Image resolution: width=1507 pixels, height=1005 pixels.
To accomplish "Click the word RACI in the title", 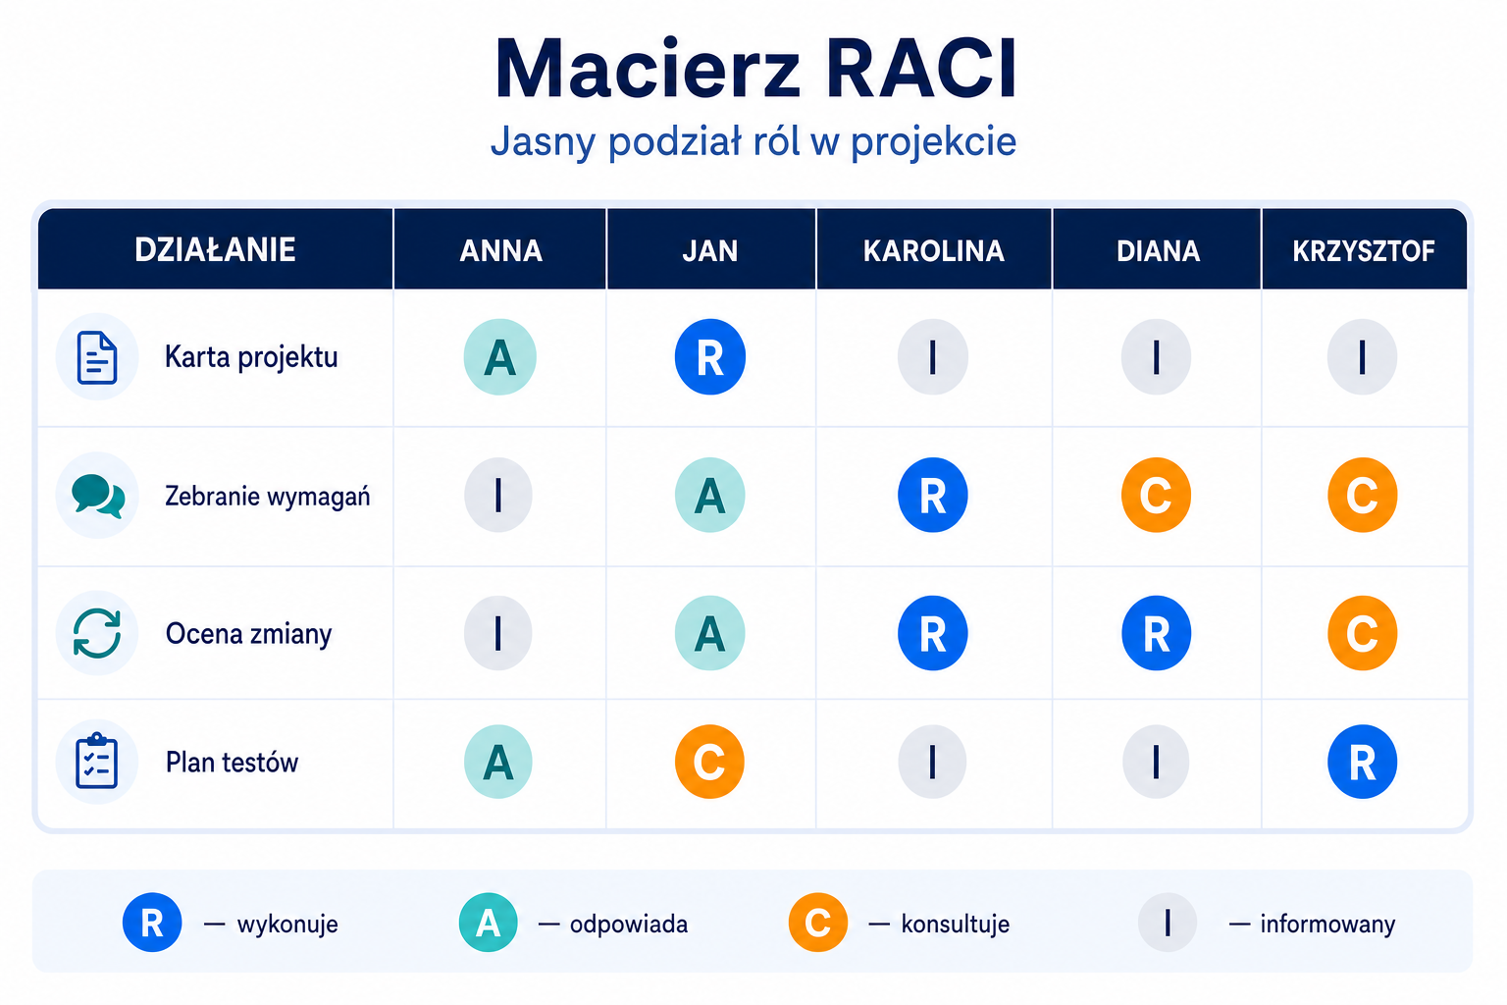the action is (x=921, y=70).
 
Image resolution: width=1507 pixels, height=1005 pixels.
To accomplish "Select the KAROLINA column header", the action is (x=934, y=251).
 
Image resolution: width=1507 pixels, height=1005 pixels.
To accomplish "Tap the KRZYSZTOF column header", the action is (x=1363, y=251).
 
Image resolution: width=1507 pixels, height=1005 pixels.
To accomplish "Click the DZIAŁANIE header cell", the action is (x=215, y=249).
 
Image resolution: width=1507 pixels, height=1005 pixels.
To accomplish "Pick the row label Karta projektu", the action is (x=251, y=357).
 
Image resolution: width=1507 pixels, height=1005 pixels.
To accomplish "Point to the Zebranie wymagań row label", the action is (x=267, y=496).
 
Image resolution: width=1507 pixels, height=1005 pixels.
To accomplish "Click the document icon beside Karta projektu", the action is (x=97, y=357).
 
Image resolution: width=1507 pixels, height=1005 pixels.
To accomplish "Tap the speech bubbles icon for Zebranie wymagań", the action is (x=97, y=496).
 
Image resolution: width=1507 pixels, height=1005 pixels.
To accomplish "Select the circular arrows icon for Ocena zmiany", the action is (x=97, y=633).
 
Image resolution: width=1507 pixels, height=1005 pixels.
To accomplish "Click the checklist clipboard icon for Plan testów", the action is (x=97, y=762).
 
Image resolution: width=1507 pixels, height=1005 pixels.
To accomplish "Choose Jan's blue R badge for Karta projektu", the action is (x=709, y=357).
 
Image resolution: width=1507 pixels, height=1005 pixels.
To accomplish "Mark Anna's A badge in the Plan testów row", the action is (x=498, y=762).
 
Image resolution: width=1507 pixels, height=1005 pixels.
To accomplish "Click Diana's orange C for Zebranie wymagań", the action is (x=1156, y=496).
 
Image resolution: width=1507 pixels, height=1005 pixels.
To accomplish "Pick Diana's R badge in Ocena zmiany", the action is (x=1156, y=633).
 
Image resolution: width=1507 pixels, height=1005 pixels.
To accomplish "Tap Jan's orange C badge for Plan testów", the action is (x=709, y=762).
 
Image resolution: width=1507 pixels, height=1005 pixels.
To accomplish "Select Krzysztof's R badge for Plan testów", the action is (x=1363, y=762).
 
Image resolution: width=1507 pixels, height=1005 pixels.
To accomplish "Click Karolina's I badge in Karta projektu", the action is (x=932, y=357).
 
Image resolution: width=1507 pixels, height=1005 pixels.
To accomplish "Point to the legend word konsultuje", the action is (x=956, y=925).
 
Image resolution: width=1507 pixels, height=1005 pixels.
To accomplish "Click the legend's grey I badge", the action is (x=1168, y=923).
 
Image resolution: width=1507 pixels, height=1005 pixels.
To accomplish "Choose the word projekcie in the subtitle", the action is (x=933, y=142).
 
